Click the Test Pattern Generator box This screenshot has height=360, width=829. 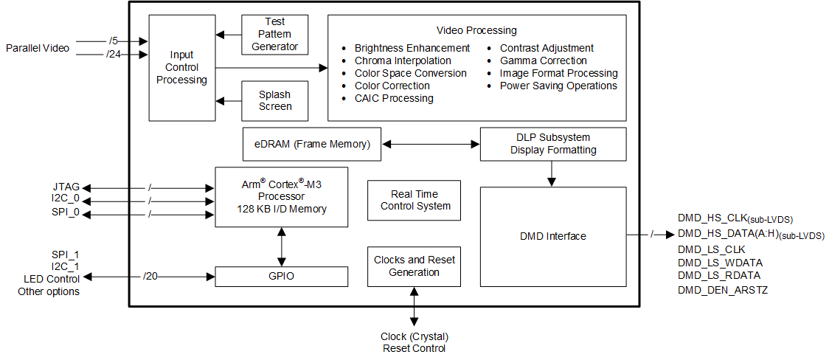275,35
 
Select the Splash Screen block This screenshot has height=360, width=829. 275,100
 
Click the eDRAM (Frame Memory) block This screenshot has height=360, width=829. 312,144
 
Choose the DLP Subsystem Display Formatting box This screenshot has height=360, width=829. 552,144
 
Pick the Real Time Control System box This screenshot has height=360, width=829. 414,200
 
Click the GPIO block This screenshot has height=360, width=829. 281,277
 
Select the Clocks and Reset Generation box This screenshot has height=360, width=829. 414,266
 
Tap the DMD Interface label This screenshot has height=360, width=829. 552,236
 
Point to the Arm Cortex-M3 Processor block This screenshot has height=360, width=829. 281,197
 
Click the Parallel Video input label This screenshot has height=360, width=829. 38,48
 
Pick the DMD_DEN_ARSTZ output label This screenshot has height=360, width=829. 722,290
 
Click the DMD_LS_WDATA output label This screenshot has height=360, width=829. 719,263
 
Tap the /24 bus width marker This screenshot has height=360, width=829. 113,54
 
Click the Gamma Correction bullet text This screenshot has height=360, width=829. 543,60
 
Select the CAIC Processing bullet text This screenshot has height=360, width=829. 394,98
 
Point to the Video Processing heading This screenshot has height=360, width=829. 476,30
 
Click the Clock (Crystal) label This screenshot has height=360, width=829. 414,336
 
